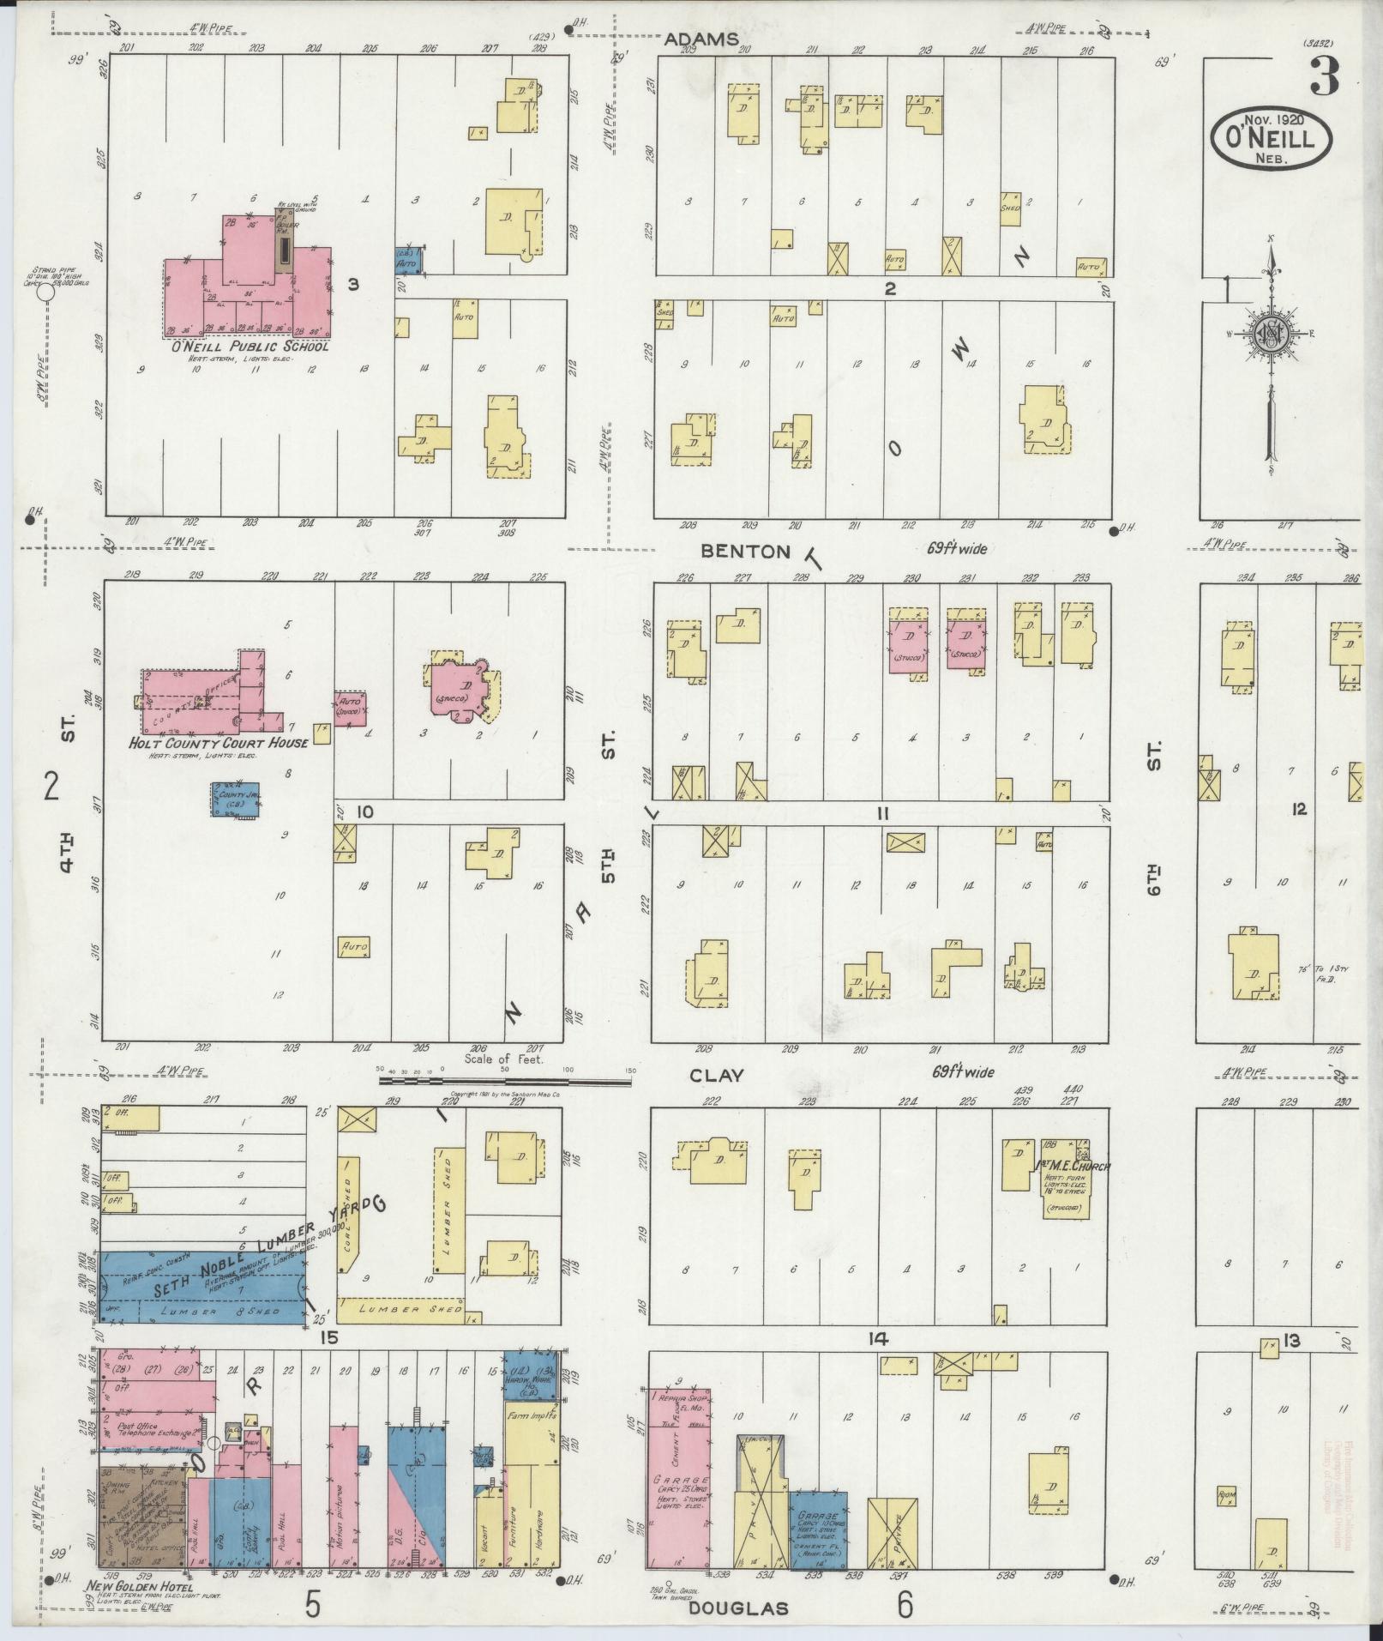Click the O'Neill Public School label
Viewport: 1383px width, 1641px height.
coord(249,347)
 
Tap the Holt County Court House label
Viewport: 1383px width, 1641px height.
coord(218,743)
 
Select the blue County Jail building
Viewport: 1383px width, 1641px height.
coord(237,799)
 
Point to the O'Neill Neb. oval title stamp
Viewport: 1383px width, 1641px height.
coord(1272,137)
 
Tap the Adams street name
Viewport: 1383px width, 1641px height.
coord(702,39)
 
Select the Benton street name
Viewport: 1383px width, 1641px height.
coord(744,552)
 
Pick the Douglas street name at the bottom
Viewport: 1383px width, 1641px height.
coord(738,1608)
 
